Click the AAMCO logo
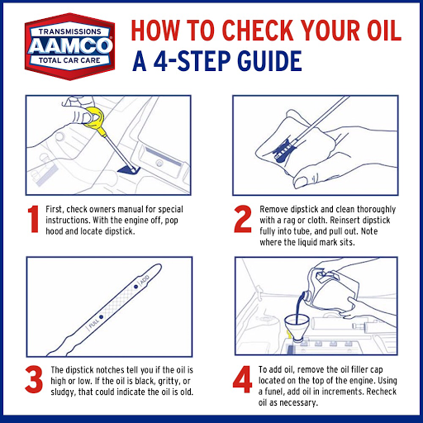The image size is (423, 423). point(65,45)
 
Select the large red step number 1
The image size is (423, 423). point(34,219)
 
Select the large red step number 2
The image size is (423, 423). point(242,220)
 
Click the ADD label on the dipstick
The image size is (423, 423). point(143,283)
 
